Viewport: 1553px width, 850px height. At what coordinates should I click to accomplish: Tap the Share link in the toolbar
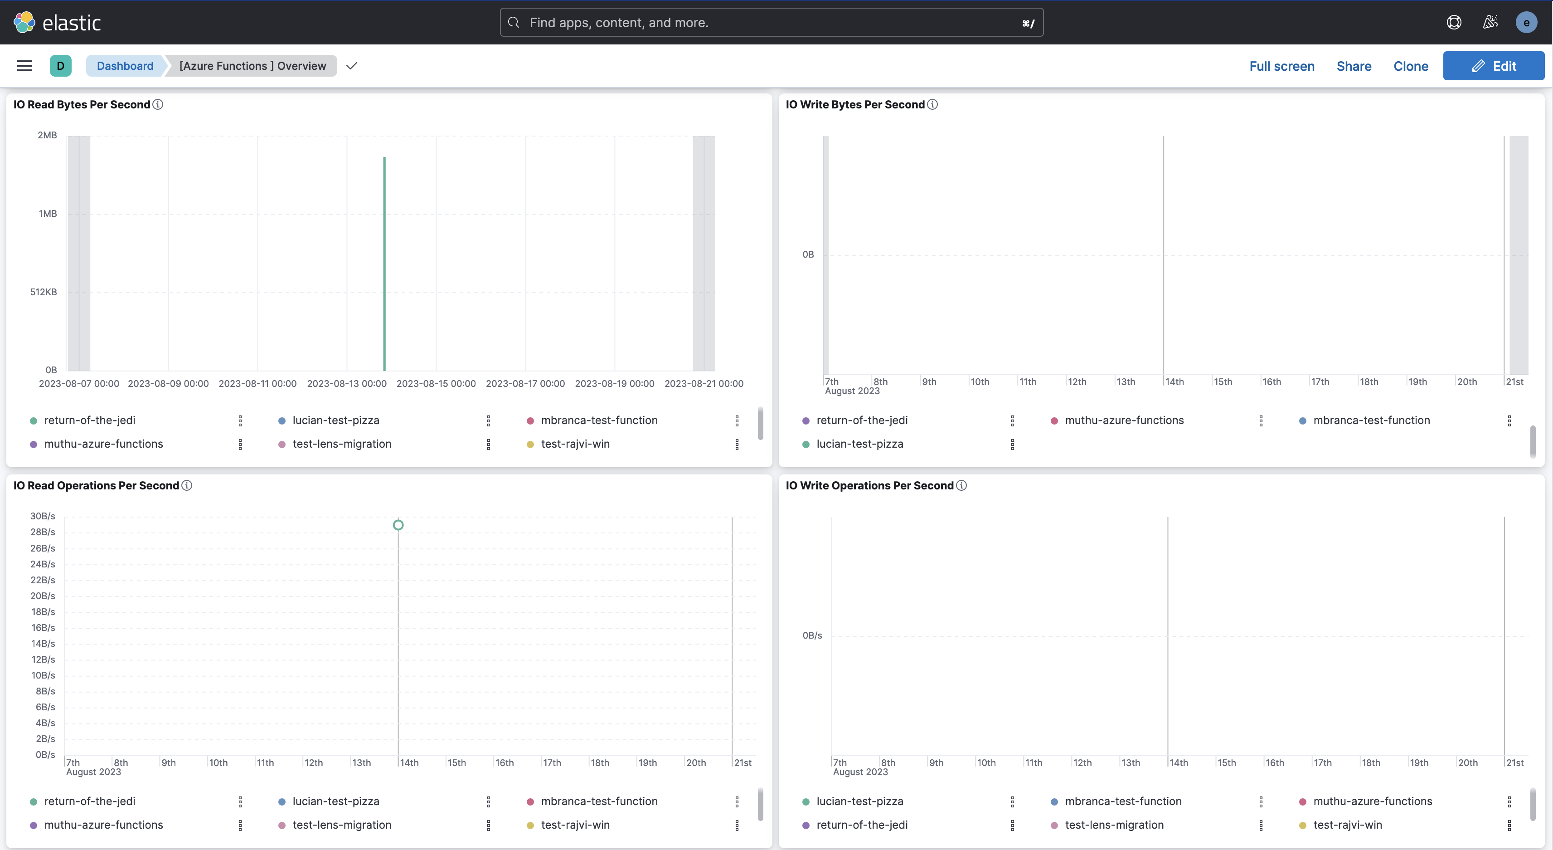click(1354, 66)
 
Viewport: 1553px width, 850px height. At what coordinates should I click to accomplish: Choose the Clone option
click(1410, 66)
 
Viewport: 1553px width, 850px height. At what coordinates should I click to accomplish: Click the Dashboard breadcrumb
click(125, 66)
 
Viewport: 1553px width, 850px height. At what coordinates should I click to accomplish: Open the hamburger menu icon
click(24, 66)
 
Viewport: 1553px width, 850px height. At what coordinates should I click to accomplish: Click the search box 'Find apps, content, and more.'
click(771, 22)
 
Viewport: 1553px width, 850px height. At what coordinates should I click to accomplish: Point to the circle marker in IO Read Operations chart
click(398, 525)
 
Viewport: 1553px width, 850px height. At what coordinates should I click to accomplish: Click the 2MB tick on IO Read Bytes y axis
click(47, 135)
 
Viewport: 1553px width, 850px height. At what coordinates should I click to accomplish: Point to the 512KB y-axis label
click(44, 292)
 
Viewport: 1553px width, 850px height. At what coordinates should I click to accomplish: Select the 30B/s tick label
click(42, 516)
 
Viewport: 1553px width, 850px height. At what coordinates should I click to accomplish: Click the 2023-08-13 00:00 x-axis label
click(347, 384)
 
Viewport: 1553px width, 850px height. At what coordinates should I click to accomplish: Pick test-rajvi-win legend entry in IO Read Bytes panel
click(575, 444)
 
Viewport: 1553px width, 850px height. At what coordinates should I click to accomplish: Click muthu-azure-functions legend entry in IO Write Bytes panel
click(1124, 420)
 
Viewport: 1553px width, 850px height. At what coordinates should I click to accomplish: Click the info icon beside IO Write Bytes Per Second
click(932, 104)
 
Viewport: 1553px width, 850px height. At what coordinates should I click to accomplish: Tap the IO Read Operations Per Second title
click(96, 486)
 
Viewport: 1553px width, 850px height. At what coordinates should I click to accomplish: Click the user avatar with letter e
click(1526, 22)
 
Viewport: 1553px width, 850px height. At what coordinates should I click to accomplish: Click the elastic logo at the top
click(57, 22)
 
